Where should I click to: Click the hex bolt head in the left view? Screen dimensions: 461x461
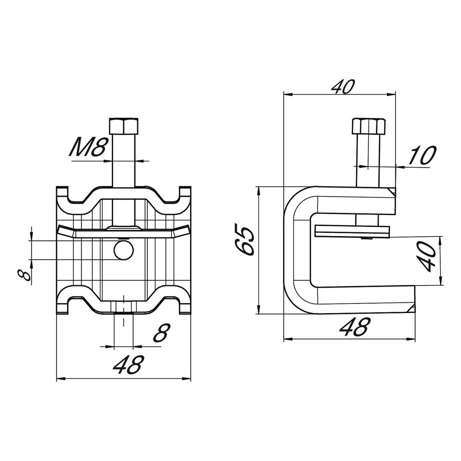tap(124, 126)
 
